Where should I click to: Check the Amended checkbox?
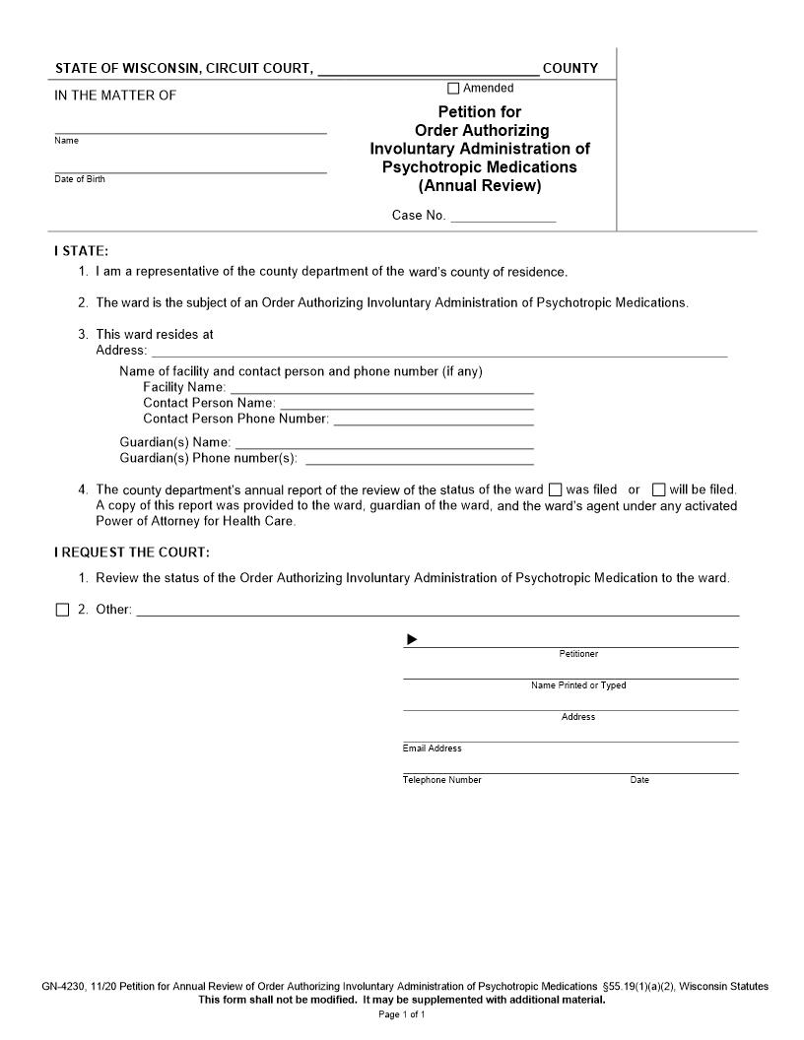(454, 89)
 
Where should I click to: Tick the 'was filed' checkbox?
(555, 489)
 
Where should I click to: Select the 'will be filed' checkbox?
(659, 489)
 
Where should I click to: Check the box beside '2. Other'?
(62, 610)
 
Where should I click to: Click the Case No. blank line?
(502, 216)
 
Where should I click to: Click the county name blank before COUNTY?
(429, 69)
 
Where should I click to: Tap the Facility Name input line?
(382, 387)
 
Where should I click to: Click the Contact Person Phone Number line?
(434, 419)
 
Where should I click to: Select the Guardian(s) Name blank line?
(384, 442)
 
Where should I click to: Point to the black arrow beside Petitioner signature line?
(412, 640)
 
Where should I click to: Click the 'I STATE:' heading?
(81, 251)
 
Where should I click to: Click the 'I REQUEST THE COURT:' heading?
(132, 552)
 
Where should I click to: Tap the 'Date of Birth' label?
(80, 179)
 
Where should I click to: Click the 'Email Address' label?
(432, 748)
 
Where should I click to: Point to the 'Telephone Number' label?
(441, 780)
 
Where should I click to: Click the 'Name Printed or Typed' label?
(578, 685)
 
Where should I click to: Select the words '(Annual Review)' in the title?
(480, 186)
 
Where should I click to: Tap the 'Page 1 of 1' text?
(401, 1014)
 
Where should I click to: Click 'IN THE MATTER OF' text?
(115, 96)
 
